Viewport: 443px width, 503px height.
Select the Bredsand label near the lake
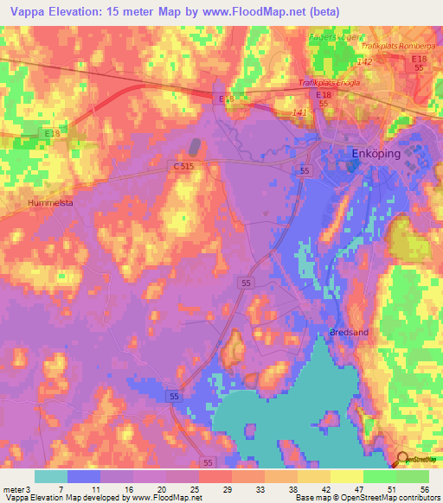349,332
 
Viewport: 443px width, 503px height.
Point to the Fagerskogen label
335,37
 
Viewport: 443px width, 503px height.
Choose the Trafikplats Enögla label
328,83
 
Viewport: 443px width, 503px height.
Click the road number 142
364,62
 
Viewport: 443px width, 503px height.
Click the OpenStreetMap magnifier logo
404,461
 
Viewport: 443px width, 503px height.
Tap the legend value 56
423,489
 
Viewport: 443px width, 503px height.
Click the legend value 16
129,489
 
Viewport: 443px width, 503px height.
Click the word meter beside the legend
12,489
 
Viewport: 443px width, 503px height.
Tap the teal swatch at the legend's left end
51,476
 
